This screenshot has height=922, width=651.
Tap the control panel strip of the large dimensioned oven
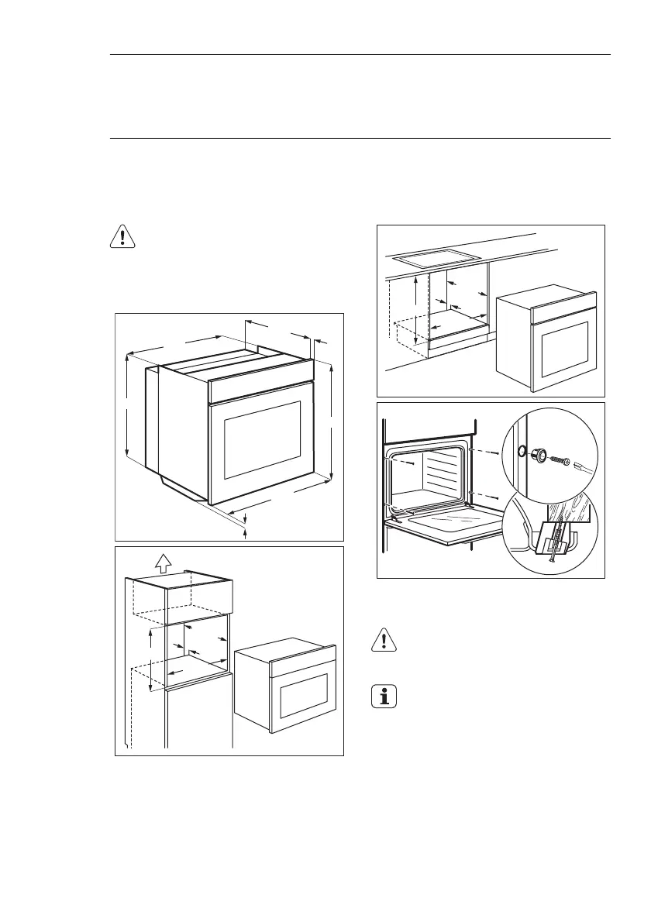click(x=262, y=382)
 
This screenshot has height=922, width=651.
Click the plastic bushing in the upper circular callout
click(x=537, y=456)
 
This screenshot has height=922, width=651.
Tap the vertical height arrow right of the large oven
click(x=331, y=422)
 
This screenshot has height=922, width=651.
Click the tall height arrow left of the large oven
click(x=126, y=407)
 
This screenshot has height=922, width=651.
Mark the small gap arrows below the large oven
click(x=245, y=521)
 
